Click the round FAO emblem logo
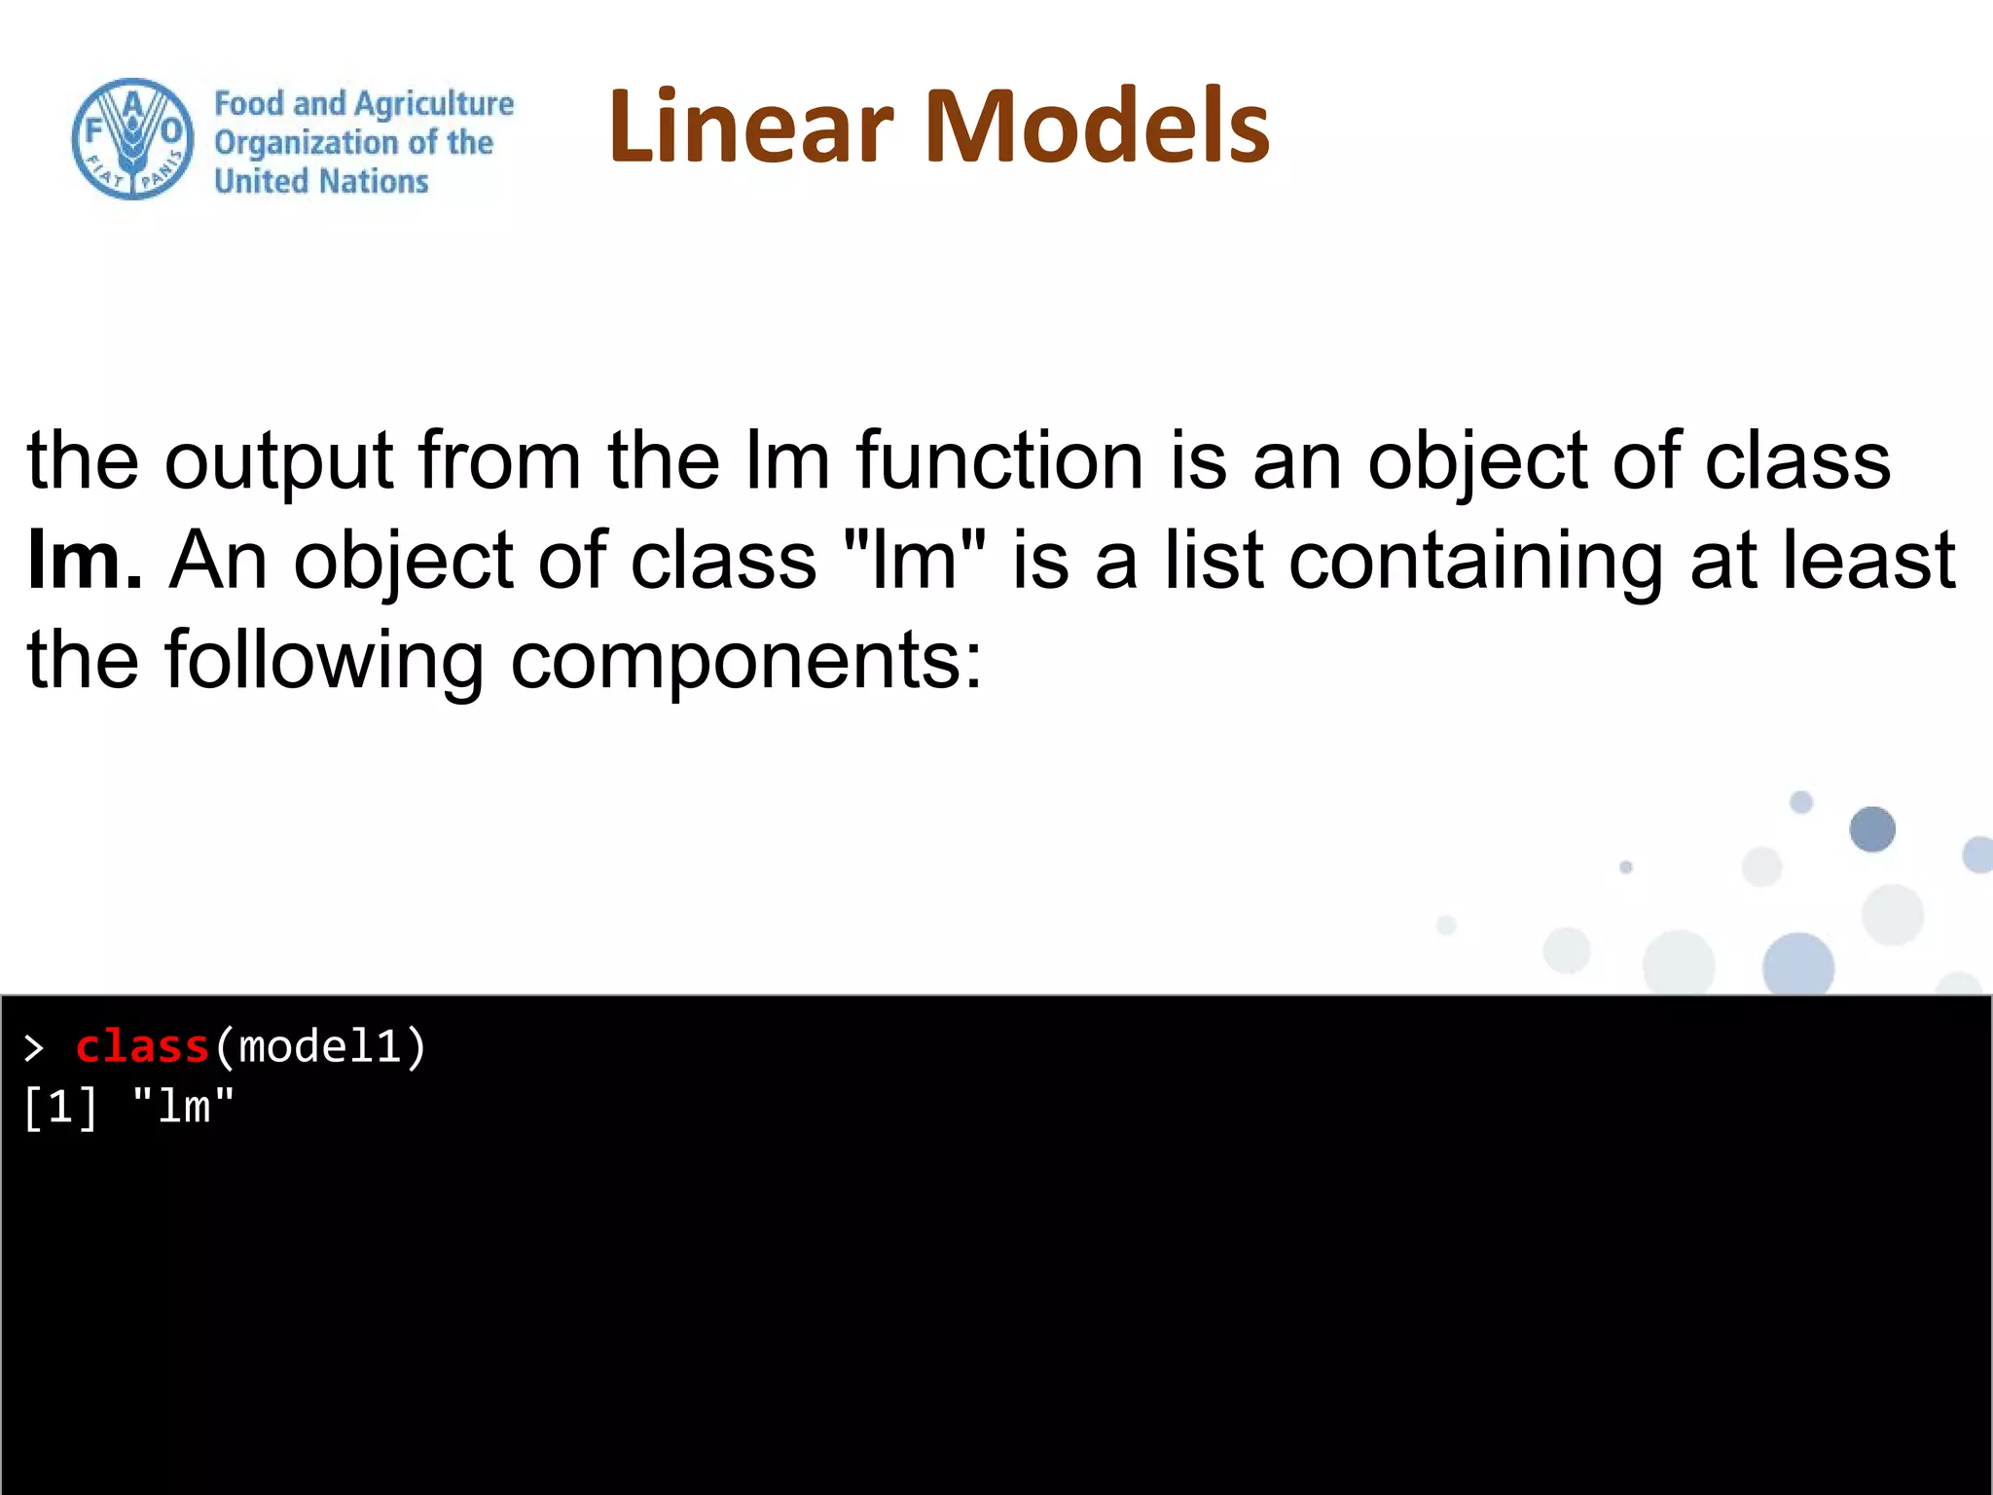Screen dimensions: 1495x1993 pos(132,139)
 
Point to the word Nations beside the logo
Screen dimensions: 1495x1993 pos(374,181)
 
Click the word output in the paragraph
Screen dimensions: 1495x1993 pos(278,460)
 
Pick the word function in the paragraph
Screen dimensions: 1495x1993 pos(1000,460)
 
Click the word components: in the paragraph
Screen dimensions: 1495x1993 pos(746,660)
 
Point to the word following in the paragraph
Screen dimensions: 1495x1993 pos(324,660)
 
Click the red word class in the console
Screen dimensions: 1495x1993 pos(142,1047)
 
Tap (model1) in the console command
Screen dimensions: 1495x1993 pos(319,1047)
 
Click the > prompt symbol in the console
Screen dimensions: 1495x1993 pos(34,1048)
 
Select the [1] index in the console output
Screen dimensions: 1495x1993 pos(60,1108)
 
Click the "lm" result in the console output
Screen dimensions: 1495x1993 pos(183,1108)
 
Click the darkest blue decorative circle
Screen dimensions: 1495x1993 pos(1871,829)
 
